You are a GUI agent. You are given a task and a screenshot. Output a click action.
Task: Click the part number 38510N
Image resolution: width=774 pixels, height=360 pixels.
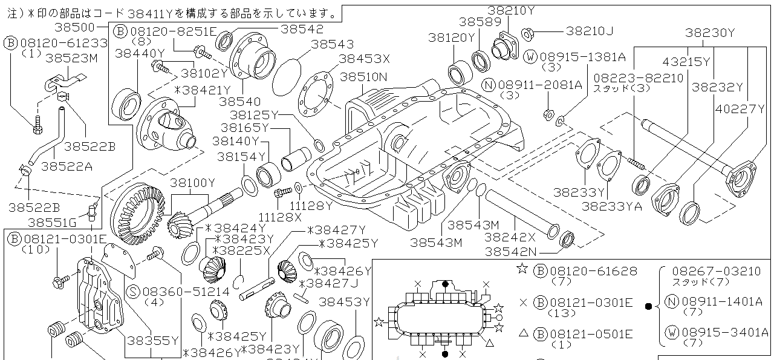pyautogui.click(x=363, y=77)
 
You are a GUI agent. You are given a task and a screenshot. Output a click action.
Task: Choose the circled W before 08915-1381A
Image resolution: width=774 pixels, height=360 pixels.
pyautogui.click(x=530, y=56)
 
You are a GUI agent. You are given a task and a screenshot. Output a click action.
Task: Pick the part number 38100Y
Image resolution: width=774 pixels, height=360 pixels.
pyautogui.click(x=192, y=182)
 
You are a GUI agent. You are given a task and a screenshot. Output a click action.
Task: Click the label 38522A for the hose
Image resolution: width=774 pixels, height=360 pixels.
pyautogui.click(x=70, y=165)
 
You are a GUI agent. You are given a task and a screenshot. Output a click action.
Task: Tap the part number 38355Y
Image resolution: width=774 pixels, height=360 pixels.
pyautogui.click(x=152, y=341)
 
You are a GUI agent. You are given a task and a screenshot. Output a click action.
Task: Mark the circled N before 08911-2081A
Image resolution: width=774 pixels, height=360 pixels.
pyautogui.click(x=490, y=85)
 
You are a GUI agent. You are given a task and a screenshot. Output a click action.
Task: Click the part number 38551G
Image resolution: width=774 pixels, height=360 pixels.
pyautogui.click(x=52, y=222)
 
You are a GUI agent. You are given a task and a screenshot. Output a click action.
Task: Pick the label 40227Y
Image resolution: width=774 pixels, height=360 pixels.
pyautogui.click(x=741, y=109)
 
